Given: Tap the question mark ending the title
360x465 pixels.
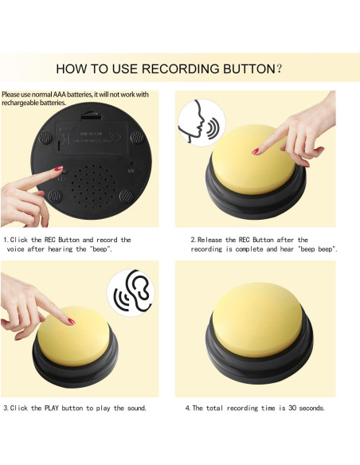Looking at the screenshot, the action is coord(279,68).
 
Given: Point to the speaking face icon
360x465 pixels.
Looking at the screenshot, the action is coord(202,123).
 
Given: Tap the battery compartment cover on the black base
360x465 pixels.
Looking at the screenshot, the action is coord(92,137).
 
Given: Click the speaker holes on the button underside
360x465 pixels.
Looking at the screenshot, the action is coord(93,186).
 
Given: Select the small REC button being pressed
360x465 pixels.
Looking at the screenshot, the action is coord(65,171).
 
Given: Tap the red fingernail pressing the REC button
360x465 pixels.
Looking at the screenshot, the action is coord(58,169).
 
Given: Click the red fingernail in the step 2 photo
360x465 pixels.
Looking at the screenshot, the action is coord(256,151).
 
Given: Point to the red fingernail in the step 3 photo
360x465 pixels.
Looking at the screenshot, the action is coord(72,322).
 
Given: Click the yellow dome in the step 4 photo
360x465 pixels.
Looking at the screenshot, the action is coord(257,319).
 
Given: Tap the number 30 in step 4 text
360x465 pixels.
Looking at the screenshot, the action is coord(292,408).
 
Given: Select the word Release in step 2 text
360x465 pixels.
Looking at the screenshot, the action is coord(209,240).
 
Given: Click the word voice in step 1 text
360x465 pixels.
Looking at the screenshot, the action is coord(15,249).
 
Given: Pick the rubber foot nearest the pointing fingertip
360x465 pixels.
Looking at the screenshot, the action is coord(55,196).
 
